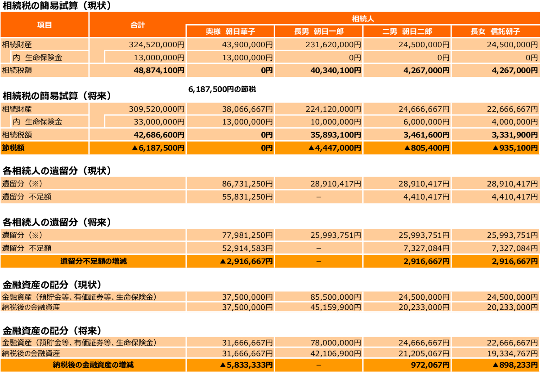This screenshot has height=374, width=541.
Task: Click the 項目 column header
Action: coord(45,25)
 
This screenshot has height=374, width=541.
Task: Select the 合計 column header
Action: coord(138,25)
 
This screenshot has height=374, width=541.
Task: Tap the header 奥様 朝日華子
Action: coord(230,31)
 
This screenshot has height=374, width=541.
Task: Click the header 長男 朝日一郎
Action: coord(318,31)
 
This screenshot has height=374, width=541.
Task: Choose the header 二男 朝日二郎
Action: coord(407,31)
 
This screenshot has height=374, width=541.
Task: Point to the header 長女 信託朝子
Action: coord(495,31)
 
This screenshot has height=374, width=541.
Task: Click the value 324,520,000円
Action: coord(156,45)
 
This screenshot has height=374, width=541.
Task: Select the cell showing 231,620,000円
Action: coord(333,45)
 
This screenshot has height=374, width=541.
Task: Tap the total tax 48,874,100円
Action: coord(159,70)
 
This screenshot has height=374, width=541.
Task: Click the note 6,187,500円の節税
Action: coord(222,89)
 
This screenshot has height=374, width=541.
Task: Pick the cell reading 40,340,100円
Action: coord(336,70)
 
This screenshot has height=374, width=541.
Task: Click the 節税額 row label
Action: coord(13,148)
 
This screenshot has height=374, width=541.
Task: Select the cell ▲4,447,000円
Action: coord(335,148)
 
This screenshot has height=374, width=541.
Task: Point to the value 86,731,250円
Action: coord(247,184)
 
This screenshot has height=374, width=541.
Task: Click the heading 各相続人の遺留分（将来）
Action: coord(57,222)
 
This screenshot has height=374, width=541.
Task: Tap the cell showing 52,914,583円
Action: coord(247,248)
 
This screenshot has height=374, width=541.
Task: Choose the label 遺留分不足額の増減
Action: coord(94,261)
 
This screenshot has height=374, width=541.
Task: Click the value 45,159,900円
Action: coord(336,307)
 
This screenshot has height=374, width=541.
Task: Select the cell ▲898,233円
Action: coord(515,365)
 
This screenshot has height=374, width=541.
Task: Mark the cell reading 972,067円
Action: coord(430,365)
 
